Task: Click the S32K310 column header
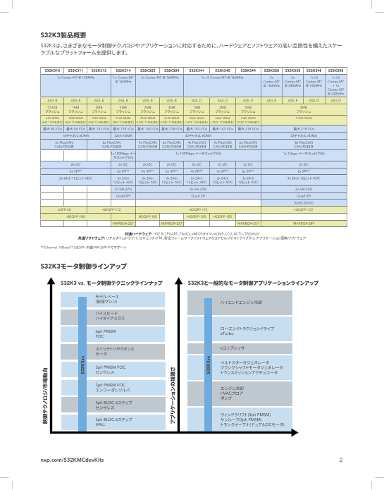pyautogui.click(x=52, y=71)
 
